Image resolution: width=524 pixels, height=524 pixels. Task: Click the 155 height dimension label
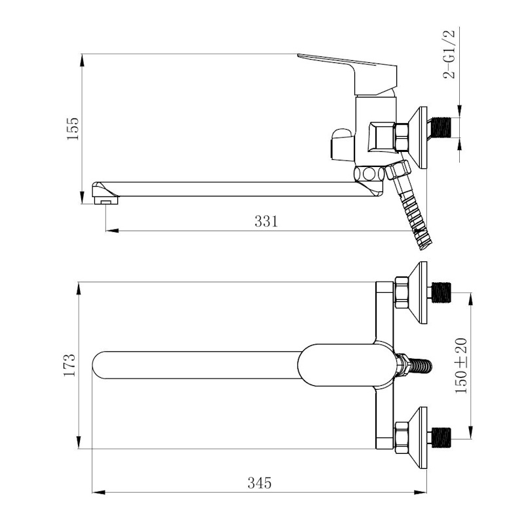[x=73, y=128]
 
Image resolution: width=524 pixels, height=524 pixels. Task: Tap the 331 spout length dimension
[x=266, y=221]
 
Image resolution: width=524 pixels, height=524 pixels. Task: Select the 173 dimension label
[x=70, y=365]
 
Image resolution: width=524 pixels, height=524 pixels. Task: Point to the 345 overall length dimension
[x=259, y=483]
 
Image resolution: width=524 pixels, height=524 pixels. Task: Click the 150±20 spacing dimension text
[x=461, y=365]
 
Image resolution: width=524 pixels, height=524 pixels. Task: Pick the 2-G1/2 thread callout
[x=449, y=54]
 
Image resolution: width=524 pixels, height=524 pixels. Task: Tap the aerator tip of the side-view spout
[x=106, y=200]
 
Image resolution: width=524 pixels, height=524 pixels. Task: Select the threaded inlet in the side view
[x=441, y=127]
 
